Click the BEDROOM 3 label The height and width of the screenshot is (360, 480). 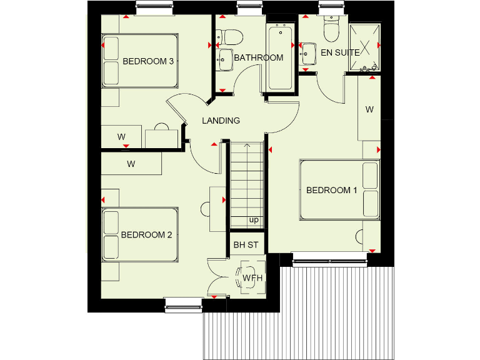coord(147,61)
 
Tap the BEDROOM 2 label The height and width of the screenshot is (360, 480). coord(146,235)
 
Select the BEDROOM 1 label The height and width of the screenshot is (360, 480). coord(331,190)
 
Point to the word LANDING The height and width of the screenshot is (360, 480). coord(221,121)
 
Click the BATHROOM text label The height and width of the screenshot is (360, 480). coord(259,57)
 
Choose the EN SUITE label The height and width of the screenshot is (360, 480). coord(340,52)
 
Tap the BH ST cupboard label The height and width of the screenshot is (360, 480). coord(246,244)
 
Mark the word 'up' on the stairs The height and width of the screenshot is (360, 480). coord(254,220)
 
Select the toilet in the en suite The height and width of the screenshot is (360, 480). coord(329,28)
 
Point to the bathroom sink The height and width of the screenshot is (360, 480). coord(225,61)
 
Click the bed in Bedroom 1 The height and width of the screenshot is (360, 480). coord(340,191)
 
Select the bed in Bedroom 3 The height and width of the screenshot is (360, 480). coord(141,61)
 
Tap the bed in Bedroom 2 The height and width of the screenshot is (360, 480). coord(141,234)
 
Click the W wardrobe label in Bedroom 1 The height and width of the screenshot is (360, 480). coord(369,109)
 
